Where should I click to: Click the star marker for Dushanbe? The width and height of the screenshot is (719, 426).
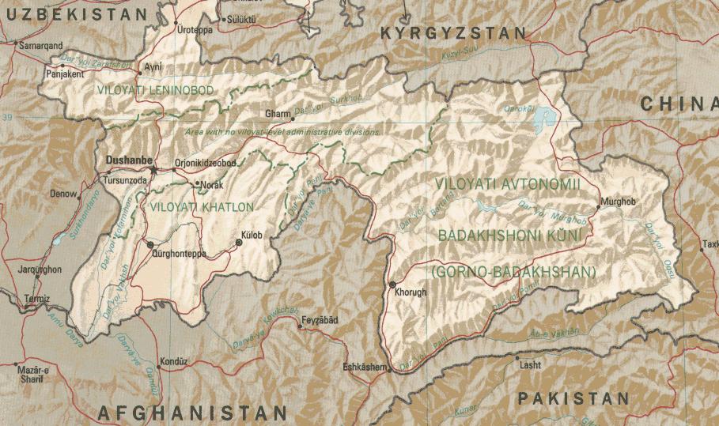click(154, 168)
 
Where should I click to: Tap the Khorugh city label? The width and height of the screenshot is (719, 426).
click(409, 292)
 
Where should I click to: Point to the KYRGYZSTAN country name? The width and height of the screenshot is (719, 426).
click(453, 33)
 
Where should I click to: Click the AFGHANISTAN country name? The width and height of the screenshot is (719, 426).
click(192, 413)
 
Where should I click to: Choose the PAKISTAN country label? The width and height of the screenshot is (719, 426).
click(573, 398)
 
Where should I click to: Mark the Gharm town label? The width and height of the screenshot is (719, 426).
click(278, 113)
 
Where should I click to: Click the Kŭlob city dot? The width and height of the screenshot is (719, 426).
click(239, 242)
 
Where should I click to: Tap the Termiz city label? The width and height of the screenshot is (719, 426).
click(36, 299)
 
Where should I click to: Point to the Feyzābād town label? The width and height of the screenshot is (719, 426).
click(320, 320)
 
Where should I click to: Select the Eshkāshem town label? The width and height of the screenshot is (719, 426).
click(365, 368)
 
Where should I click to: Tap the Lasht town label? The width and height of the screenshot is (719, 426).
click(530, 364)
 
